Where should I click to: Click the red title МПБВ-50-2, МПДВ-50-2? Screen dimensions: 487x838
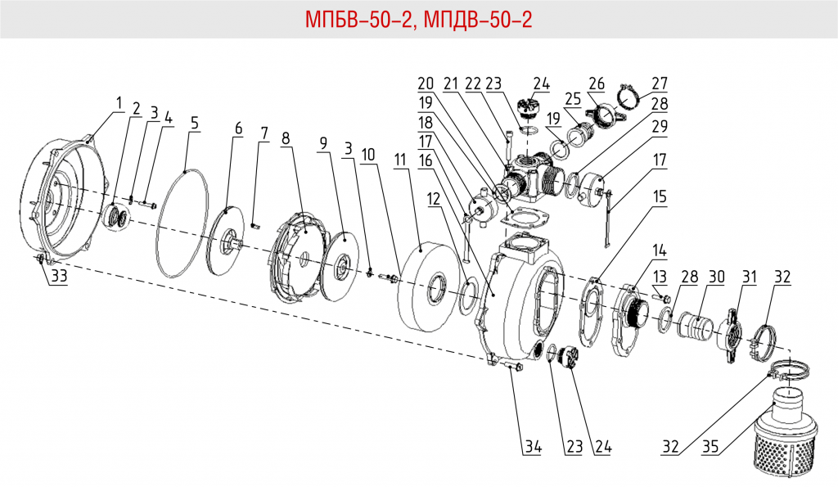(x=418, y=19)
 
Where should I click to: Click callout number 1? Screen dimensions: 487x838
(x=118, y=104)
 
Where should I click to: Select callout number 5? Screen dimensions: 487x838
(x=194, y=124)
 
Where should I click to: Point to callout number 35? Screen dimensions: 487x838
(x=710, y=447)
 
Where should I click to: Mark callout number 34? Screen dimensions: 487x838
(x=533, y=447)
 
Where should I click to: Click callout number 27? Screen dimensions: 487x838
(x=660, y=83)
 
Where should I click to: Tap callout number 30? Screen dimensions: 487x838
(x=717, y=277)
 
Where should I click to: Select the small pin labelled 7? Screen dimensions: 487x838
(x=255, y=226)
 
